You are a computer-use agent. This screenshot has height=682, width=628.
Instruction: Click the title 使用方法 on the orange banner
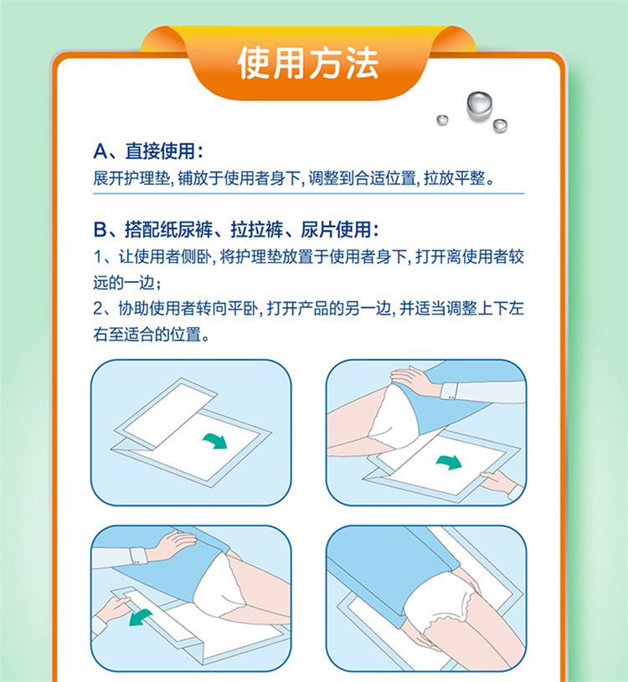tap(307, 64)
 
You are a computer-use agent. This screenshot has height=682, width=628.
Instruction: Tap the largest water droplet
tap(479, 105)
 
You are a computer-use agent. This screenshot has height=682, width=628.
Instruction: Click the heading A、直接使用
tap(148, 151)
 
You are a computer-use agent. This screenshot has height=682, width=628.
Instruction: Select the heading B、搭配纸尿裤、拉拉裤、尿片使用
tap(236, 229)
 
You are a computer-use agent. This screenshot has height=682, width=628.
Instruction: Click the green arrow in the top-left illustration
tap(215, 440)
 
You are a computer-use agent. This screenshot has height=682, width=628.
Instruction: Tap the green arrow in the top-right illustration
tap(449, 462)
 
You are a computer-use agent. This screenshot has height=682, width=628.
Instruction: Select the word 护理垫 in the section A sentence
tap(147, 178)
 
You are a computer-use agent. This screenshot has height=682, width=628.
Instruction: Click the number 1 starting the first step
tap(98, 257)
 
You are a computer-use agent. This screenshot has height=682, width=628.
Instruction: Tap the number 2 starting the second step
tap(98, 309)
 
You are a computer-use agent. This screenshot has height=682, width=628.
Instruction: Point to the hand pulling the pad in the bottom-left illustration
tap(113, 609)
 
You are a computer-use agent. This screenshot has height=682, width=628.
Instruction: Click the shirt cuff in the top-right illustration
tap(449, 391)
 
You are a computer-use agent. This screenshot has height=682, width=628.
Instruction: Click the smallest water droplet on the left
tap(443, 120)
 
